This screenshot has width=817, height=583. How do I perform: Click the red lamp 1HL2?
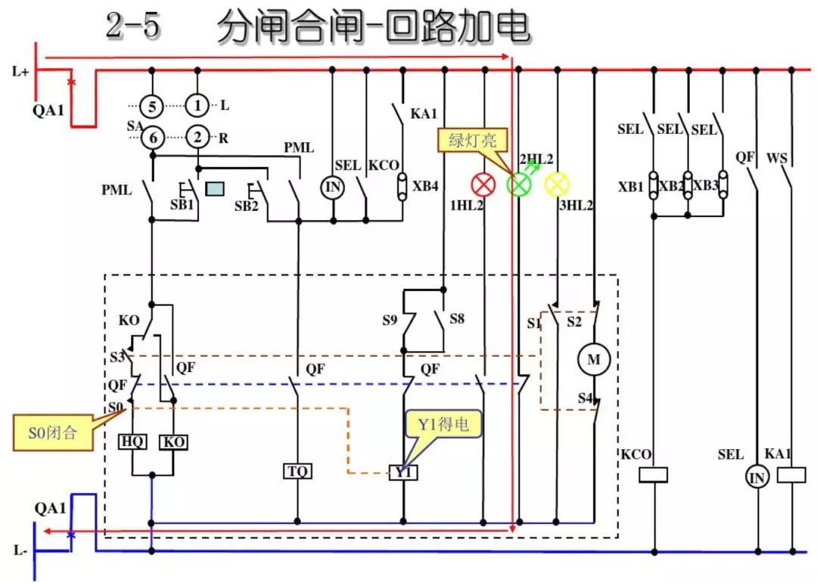pyautogui.click(x=483, y=185)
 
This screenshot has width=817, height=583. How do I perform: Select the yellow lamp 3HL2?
pyautogui.click(x=557, y=184)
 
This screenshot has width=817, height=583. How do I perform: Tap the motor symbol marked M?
pyautogui.click(x=594, y=360)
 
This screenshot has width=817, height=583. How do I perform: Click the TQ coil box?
pyautogui.click(x=297, y=472)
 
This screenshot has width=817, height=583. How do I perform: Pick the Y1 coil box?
pyautogui.click(x=403, y=473)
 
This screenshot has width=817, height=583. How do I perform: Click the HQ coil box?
pyautogui.click(x=133, y=442)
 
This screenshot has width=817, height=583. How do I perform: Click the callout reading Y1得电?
pyautogui.click(x=443, y=425)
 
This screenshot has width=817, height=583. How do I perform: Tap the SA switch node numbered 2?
pyautogui.click(x=197, y=137)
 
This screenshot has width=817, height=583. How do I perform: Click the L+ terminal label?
pyautogui.click(x=20, y=72)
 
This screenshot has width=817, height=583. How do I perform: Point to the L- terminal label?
pyautogui.click(x=20, y=550)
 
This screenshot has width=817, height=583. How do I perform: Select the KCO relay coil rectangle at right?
pyautogui.click(x=654, y=475)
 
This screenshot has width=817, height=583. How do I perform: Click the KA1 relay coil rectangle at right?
pyautogui.click(x=791, y=475)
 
